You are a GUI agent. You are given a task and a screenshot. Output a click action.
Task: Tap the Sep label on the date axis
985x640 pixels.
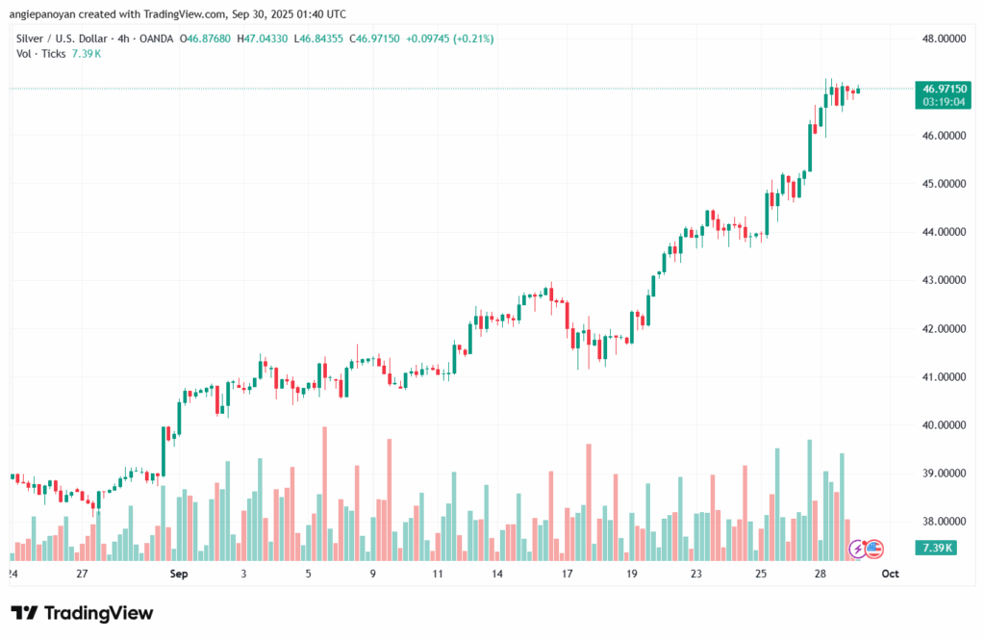177,574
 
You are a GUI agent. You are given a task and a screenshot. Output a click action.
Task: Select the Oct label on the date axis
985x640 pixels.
891,574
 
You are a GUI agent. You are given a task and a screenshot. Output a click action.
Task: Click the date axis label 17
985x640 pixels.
568,574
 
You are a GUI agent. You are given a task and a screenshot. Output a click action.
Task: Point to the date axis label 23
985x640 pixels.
695,574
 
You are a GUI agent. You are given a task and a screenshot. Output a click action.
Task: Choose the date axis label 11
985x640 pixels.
438,574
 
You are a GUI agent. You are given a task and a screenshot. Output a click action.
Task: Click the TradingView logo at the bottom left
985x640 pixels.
82,613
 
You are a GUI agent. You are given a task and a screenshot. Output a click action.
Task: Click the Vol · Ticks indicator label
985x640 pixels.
41,54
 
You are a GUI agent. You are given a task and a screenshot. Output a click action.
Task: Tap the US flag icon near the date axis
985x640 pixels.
873,549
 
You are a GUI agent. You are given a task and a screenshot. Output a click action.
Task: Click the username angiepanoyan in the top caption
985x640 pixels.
47,14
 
